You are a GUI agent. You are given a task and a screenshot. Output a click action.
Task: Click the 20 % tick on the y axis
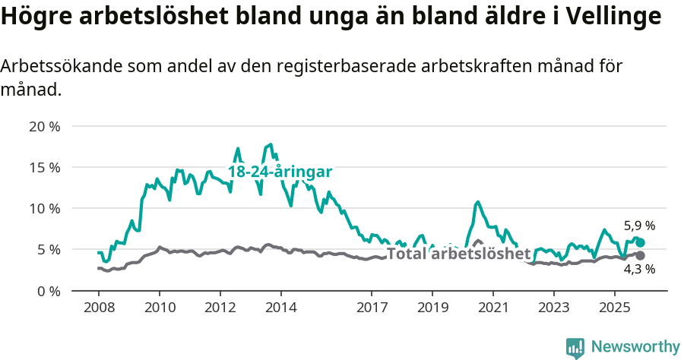click(44, 126)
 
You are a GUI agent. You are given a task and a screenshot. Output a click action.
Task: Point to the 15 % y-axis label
click(44, 167)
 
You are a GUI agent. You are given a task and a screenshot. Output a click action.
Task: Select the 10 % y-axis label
click(44, 208)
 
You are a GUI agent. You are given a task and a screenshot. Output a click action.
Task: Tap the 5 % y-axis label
click(48, 249)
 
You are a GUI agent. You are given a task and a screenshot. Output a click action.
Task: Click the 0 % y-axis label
click(48, 290)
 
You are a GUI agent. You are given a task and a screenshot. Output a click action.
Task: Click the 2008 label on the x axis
click(99, 309)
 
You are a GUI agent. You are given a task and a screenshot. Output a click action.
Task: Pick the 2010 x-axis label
click(159, 309)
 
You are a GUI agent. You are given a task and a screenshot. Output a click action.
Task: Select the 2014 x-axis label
click(280, 309)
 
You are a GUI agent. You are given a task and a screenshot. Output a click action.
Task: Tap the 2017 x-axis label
click(371, 309)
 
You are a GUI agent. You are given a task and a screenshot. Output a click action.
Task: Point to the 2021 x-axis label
click(492, 309)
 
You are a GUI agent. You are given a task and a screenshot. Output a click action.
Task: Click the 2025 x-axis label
click(614, 309)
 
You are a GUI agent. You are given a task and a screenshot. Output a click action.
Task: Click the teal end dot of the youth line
click(640, 242)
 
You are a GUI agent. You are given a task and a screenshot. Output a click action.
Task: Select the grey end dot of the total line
click(640, 256)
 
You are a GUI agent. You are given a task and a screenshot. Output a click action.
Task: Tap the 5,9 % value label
click(639, 226)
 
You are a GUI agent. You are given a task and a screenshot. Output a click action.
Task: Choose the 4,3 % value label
click(639, 269)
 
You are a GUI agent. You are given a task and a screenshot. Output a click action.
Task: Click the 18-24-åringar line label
click(280, 172)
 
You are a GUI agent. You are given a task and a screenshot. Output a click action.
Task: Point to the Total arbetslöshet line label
click(458, 254)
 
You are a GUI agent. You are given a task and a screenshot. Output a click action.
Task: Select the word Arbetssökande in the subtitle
click(60, 66)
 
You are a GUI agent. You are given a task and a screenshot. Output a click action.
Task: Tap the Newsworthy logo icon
click(575, 347)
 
